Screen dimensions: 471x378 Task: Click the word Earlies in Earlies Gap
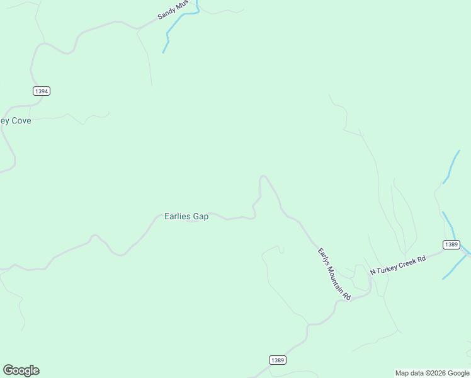[178, 216]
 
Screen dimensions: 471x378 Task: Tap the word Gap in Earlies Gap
[201, 216]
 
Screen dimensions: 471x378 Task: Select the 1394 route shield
[42, 91]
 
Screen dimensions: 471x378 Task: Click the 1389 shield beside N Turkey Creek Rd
[451, 244]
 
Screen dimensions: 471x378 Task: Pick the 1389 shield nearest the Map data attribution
[278, 360]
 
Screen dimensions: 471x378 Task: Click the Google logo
[21, 370]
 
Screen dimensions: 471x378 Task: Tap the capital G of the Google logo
[8, 370]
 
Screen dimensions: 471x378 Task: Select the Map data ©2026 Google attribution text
[432, 373]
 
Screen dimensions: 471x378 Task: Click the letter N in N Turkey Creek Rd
[372, 272]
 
